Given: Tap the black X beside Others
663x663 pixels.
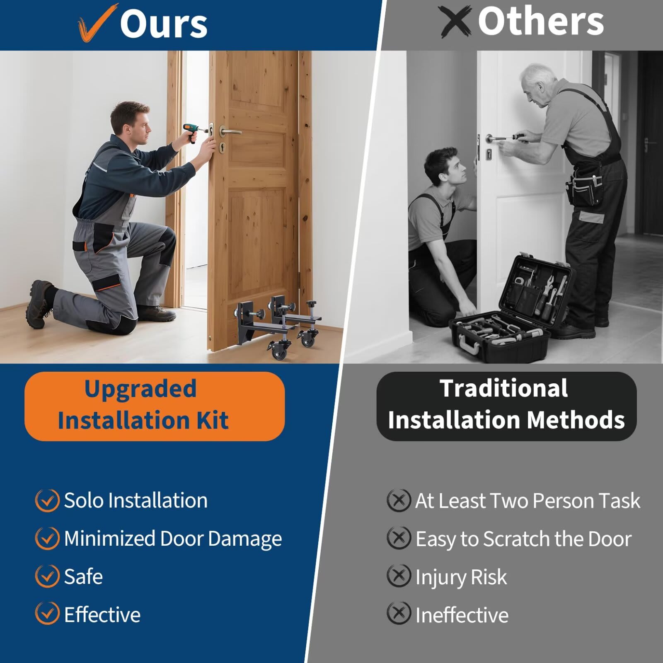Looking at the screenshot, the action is pos(455,22).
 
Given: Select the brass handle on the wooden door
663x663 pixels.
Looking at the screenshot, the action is pos(229,132).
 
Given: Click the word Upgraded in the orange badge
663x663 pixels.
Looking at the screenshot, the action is pos(140,389).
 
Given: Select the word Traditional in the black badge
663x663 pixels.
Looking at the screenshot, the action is pos(503,388).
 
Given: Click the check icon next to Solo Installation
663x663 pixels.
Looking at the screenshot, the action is pos(47,500).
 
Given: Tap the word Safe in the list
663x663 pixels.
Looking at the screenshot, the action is pos(83,576).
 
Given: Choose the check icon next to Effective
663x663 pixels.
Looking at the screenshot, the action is pos(47,613).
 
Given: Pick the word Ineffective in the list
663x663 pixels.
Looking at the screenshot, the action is pos(462,615).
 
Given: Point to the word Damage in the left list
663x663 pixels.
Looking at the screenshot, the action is pos(245,539).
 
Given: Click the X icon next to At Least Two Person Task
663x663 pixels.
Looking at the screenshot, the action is pos(399,500).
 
